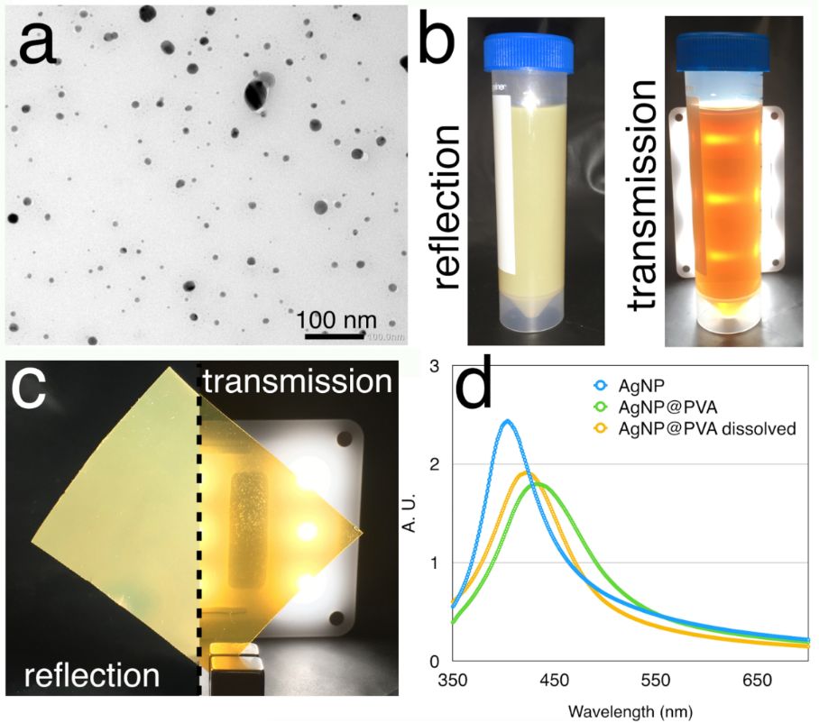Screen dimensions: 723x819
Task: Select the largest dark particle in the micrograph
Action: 255,92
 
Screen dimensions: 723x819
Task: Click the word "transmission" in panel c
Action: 295,382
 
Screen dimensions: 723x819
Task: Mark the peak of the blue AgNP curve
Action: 507,421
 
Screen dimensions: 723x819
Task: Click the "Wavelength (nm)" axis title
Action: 630,710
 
